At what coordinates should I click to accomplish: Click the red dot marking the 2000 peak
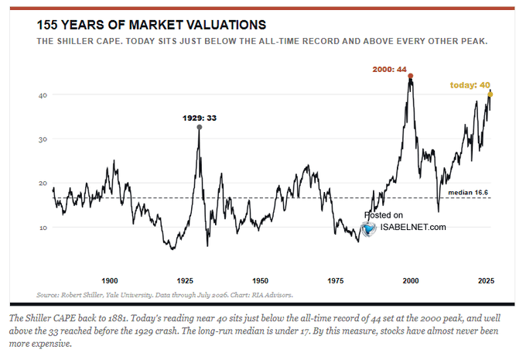[410, 76]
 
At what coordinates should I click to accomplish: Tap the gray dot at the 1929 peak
[200, 127]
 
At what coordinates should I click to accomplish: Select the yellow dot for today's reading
[490, 94]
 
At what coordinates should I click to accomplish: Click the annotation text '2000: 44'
[389, 70]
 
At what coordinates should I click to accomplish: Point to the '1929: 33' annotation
[200, 118]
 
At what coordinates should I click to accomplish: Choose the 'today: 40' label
[470, 85]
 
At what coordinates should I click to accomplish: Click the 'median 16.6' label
[468, 193]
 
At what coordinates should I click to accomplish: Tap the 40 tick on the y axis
[43, 95]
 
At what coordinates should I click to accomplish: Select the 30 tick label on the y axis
[43, 139]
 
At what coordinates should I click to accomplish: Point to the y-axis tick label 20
[43, 183]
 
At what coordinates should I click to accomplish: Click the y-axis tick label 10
[43, 228]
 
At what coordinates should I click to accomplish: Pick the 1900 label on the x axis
[110, 281]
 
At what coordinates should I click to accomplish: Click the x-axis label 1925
[185, 281]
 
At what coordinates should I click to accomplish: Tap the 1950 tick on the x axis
[260, 281]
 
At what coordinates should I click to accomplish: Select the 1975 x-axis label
[336, 281]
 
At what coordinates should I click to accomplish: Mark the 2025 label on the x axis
[486, 281]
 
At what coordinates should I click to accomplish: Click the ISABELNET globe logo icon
[369, 229]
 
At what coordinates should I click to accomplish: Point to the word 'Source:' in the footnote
[48, 295]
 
